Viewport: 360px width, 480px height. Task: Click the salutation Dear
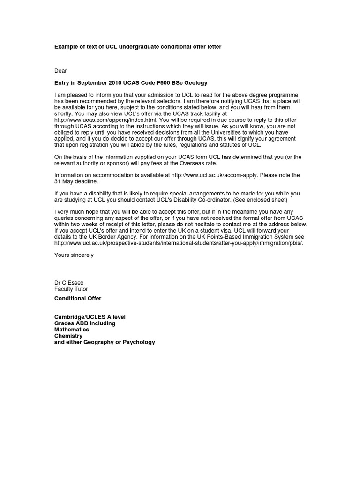click(60, 71)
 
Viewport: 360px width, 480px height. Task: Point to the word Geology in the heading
click(196, 83)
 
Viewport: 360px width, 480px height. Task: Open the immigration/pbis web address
click(179, 243)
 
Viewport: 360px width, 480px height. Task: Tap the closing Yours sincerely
click(74, 255)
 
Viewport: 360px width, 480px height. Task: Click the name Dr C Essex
click(69, 283)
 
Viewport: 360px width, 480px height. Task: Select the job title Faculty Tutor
click(71, 289)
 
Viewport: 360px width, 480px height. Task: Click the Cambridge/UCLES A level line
click(90, 317)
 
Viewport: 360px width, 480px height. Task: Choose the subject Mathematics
click(72, 330)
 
